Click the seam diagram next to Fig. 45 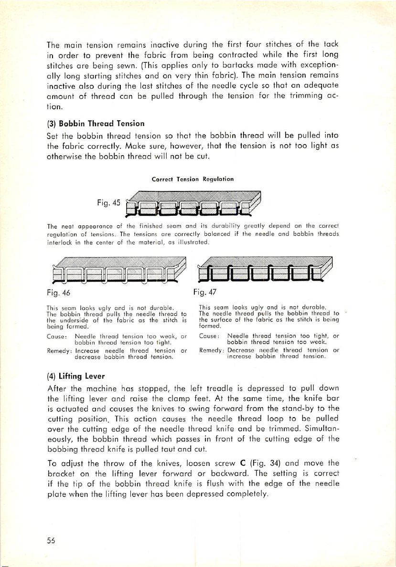(x=192, y=204)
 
